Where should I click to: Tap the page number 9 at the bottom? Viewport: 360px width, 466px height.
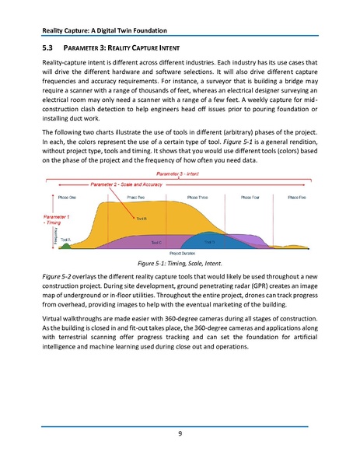180,434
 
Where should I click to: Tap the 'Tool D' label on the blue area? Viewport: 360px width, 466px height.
209,241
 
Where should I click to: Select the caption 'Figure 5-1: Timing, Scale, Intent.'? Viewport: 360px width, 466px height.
180,263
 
